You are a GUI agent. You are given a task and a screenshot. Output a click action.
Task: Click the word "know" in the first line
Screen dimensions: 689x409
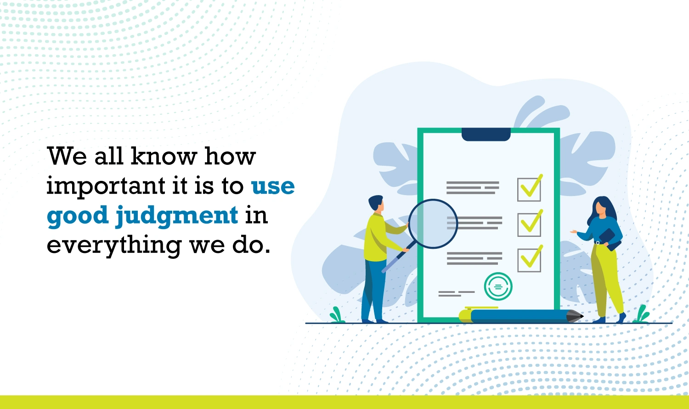click(164, 156)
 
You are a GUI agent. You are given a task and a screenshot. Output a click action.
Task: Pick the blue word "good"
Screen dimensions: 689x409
click(78, 216)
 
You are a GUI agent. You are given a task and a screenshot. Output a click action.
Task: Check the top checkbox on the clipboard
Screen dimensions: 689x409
click(529, 190)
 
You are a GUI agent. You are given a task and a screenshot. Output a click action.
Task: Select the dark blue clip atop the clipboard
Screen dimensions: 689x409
click(486, 134)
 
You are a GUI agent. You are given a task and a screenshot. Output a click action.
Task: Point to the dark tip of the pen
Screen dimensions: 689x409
click(575, 316)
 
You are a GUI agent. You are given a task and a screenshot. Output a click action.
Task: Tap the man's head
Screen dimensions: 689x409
click(376, 203)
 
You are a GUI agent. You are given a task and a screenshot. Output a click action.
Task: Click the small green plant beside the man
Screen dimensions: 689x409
click(337, 315)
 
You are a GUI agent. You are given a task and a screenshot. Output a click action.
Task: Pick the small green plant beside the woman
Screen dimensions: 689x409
click(642, 314)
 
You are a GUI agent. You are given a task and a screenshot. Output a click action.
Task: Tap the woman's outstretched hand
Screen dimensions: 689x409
click(574, 232)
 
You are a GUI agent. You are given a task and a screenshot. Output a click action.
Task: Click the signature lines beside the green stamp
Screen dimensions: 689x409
click(457, 294)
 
